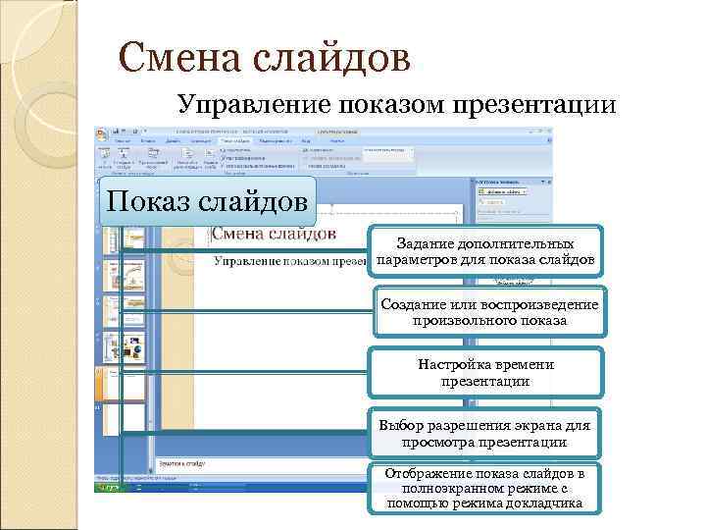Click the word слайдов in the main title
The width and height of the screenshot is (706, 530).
coord(332,58)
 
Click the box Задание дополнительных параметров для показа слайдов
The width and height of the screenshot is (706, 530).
coord(485,251)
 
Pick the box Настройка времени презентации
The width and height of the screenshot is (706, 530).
coord(485,373)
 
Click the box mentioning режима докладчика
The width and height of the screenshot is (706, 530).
coord(485,489)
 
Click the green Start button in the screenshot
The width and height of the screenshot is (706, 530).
coord(107,487)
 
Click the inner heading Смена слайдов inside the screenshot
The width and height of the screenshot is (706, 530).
coord(274,234)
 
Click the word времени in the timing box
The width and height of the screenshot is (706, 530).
coord(528,365)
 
